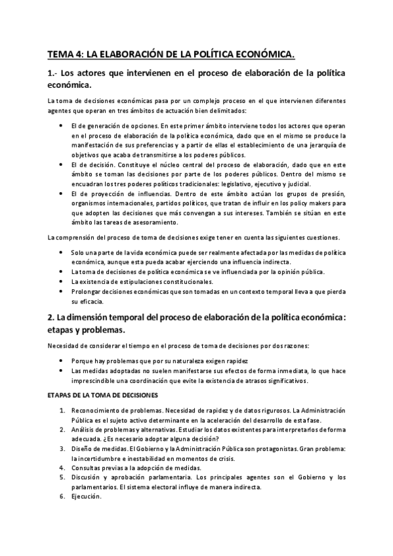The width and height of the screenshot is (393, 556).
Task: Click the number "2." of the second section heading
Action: pyautogui.click(x=52, y=316)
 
